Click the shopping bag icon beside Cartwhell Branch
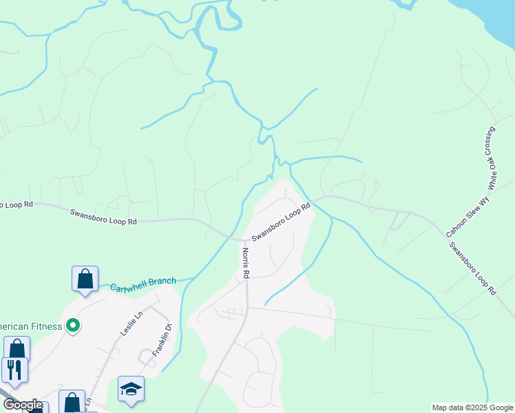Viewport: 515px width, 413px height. [x=85, y=279]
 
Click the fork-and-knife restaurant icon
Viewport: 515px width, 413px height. [x=14, y=370]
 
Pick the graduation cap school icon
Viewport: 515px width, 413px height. [x=131, y=389]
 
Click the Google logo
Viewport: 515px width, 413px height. [x=22, y=405]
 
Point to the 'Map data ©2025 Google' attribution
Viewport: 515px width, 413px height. [x=472, y=407]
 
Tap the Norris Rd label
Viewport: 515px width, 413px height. [x=245, y=264]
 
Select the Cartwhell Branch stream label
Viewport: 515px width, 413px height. [x=143, y=282]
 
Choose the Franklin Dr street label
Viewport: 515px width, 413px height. [x=161, y=339]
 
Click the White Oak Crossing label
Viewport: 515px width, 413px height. [x=492, y=158]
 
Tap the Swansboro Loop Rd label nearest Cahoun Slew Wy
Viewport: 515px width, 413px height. [x=472, y=268]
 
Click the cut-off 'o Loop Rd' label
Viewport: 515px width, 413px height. [x=17, y=204]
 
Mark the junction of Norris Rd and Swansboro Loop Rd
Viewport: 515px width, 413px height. [x=244, y=240]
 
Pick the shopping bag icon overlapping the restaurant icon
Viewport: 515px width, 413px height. [x=17, y=348]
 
